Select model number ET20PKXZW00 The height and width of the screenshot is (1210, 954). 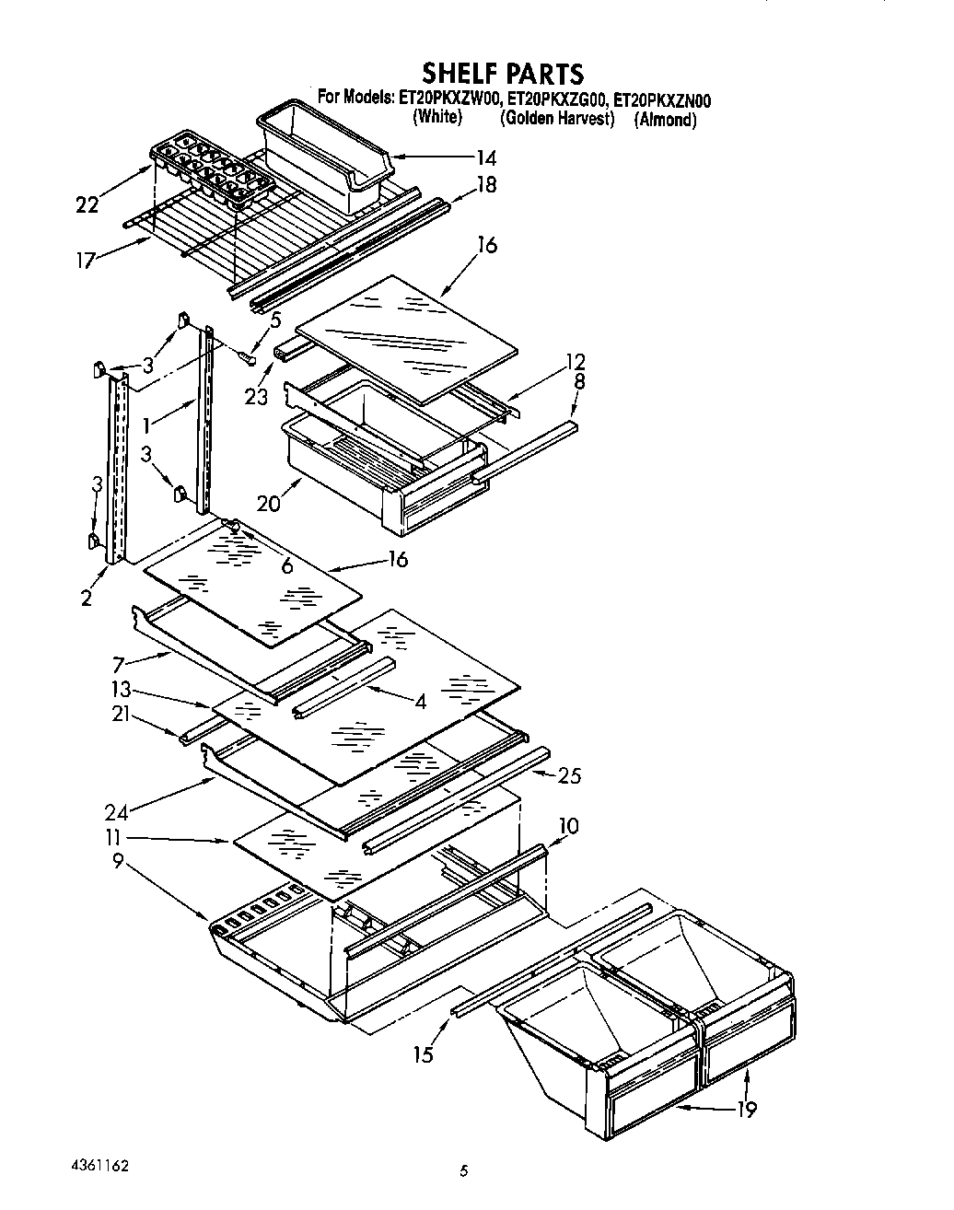point(448,99)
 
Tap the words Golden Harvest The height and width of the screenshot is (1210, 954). point(557,119)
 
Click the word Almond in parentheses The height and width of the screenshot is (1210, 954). point(665,120)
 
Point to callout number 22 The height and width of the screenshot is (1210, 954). point(87,204)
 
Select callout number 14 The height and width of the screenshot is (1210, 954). point(486,157)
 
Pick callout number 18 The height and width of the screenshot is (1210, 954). point(486,185)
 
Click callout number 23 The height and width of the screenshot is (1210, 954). point(256,397)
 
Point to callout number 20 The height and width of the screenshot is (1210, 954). point(269,504)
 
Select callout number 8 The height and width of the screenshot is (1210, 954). point(578,380)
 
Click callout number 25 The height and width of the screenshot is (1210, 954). point(570,775)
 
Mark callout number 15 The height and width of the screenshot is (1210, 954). point(423,1053)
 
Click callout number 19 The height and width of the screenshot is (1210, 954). point(746,1110)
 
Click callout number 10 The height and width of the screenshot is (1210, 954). point(568,825)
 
